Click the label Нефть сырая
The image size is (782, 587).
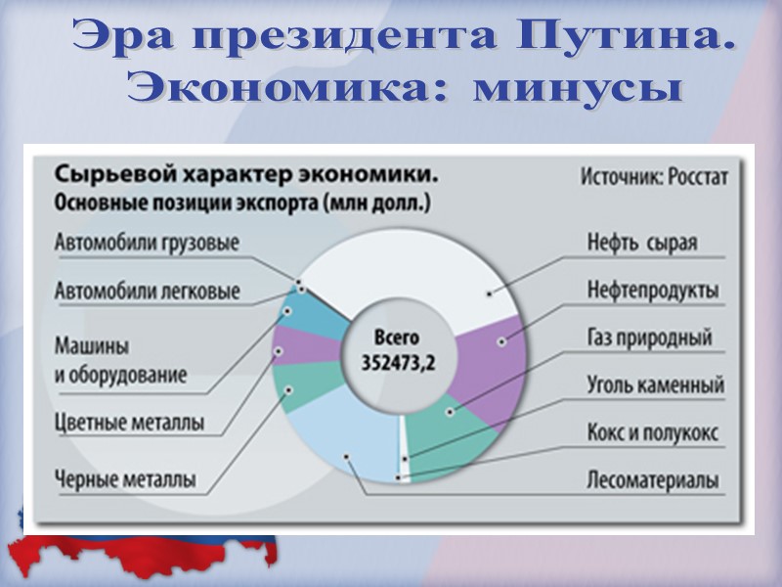642,243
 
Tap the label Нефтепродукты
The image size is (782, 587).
653,291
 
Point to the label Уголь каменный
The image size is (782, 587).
655,384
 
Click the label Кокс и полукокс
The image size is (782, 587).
653,431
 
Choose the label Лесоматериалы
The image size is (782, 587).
653,480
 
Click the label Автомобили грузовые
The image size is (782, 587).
147,243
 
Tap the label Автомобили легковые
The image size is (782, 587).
147,292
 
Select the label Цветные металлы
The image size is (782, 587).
129,424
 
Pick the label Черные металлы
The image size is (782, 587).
125,480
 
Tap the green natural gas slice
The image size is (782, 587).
450,430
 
